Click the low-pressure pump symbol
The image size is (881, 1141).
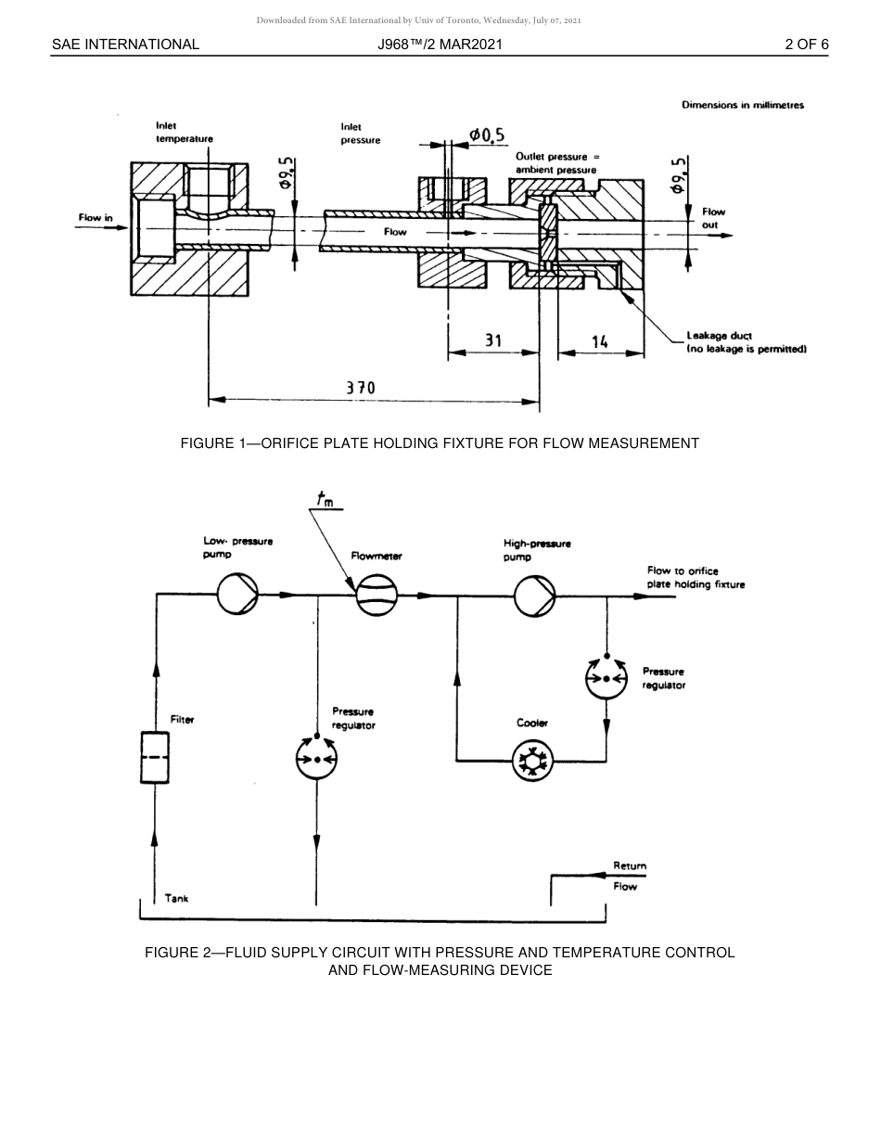click(237, 595)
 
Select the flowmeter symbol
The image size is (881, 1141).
click(377, 595)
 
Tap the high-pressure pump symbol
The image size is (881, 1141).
click(535, 595)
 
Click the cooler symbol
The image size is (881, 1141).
click(532, 761)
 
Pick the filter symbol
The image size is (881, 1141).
click(154, 758)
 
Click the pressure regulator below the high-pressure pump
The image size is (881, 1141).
click(606, 678)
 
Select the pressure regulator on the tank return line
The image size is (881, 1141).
click(317, 760)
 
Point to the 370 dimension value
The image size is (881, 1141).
click(361, 388)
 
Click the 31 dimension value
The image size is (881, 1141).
click(493, 340)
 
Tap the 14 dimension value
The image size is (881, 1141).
click(599, 341)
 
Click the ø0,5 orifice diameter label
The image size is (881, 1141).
click(486, 135)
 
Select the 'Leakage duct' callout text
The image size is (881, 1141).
click(719, 336)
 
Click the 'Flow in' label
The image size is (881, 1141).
click(96, 219)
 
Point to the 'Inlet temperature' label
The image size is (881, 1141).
click(184, 132)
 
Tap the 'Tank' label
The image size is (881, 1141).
click(176, 898)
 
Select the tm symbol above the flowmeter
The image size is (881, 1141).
click(326, 500)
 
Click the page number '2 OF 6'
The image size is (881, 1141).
click(806, 44)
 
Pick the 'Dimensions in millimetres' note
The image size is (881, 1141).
click(742, 105)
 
